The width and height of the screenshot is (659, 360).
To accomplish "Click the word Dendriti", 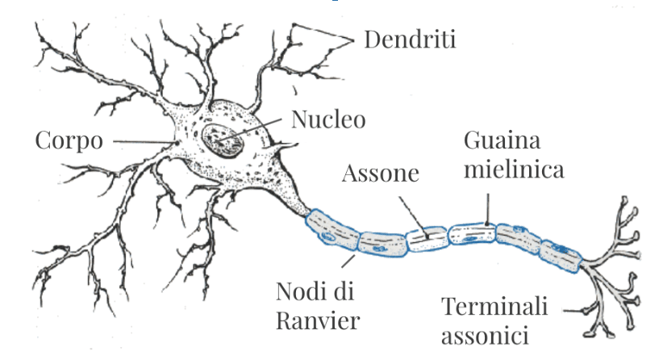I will pos(410,39).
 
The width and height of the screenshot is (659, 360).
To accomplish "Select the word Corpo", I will pos(69,140).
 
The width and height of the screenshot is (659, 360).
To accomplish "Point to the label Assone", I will pos(381,174).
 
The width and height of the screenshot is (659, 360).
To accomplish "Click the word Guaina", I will pos(502,142).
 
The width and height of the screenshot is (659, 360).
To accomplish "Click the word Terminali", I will pos(494,306).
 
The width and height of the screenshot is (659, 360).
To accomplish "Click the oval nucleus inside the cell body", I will pos(223,142).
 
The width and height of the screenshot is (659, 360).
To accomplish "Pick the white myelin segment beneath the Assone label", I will pos(426,239).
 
